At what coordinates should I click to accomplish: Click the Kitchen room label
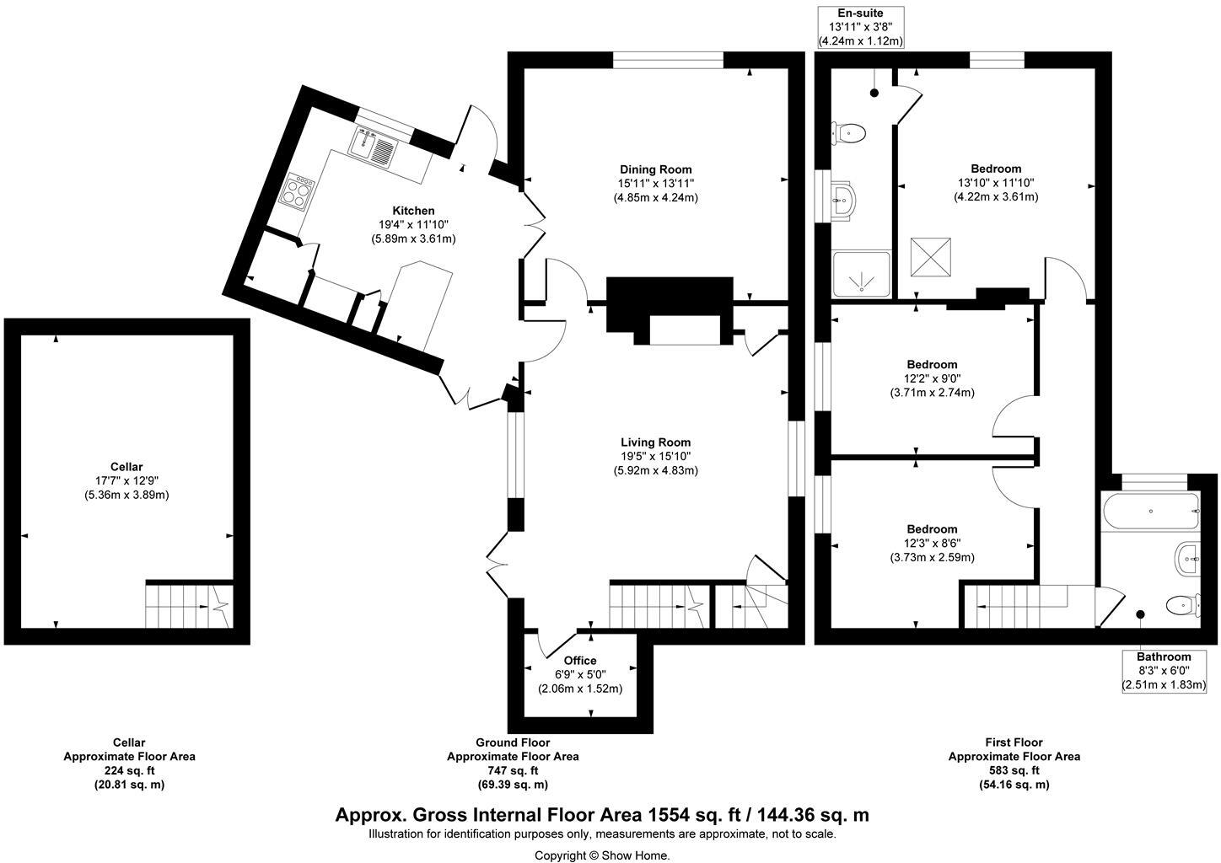click(413, 211)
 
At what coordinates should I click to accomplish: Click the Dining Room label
click(655, 169)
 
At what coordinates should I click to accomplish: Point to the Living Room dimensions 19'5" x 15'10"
click(655, 457)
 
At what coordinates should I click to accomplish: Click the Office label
click(579, 661)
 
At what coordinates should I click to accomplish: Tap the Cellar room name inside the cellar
click(126, 467)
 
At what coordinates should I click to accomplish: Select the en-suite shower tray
click(861, 274)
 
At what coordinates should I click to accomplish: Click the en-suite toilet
click(849, 132)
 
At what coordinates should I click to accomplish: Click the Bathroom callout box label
click(1163, 657)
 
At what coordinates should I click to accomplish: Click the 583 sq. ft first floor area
click(1014, 770)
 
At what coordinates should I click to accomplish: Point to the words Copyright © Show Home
click(602, 855)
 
